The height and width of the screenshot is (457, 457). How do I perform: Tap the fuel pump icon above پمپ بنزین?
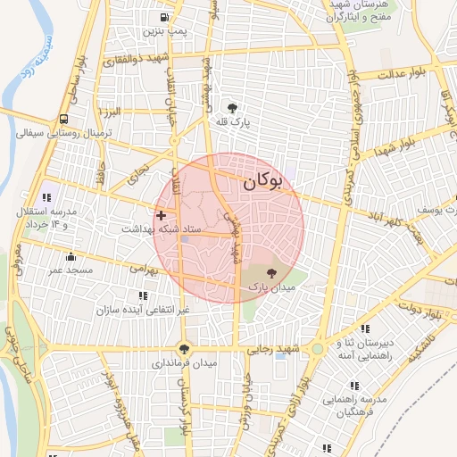tap(164, 17)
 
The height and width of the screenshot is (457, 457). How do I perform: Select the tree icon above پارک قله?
tap(233, 106)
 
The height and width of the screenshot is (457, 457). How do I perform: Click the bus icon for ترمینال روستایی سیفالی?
tap(63, 120)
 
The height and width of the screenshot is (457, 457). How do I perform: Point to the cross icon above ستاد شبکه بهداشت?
tap(161, 215)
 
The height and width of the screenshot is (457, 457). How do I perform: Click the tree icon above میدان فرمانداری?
tap(185, 349)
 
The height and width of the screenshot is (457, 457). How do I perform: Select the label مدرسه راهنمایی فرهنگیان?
tap(361, 406)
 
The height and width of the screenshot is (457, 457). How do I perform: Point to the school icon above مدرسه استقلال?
tap(46, 196)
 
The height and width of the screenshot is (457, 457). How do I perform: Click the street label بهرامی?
tap(143, 268)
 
